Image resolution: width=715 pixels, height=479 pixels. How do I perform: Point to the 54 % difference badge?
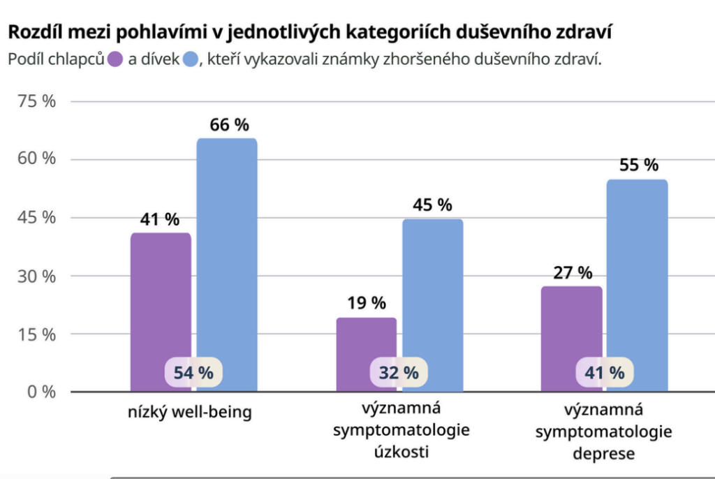click(193, 372)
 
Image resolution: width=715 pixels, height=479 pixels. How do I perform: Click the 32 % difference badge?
click(399, 372)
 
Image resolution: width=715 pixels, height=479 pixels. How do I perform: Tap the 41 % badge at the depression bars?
click(604, 372)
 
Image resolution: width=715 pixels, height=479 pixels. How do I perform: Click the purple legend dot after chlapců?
click(115, 59)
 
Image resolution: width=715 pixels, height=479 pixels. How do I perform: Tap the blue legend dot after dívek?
click(191, 59)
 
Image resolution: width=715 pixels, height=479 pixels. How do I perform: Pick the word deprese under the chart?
click(604, 453)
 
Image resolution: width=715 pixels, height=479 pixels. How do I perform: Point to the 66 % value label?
click(229, 125)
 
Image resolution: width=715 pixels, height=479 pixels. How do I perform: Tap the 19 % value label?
click(366, 303)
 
